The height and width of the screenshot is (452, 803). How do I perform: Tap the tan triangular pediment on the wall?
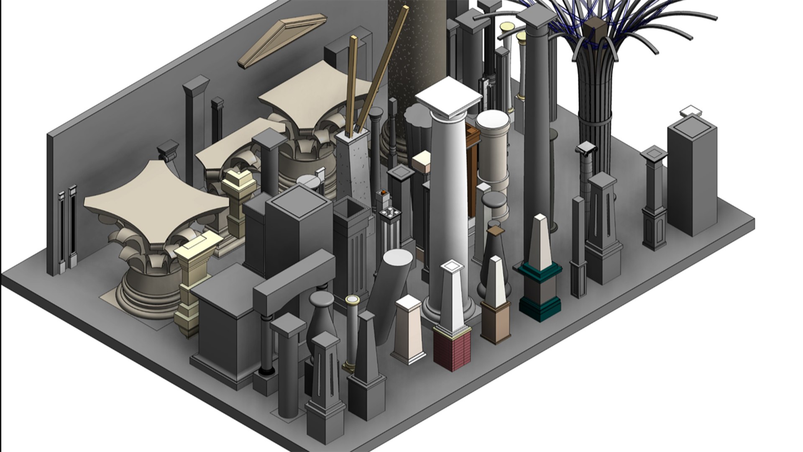click(x=283, y=40)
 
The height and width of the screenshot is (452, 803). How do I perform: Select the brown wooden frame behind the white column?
click(x=473, y=167)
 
